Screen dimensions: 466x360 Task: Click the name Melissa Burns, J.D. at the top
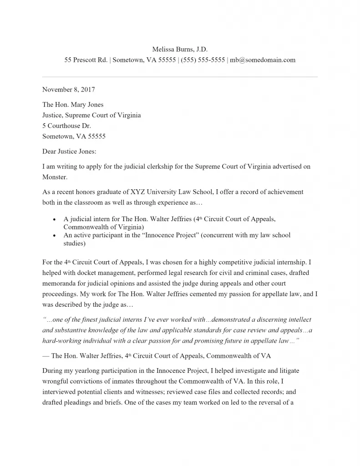[x=180, y=49]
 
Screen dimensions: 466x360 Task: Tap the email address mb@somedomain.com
[x=263, y=60]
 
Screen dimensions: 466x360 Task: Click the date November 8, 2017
[x=69, y=90]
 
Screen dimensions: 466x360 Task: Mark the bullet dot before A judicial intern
[x=55, y=220]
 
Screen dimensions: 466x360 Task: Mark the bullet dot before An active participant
[x=55, y=236]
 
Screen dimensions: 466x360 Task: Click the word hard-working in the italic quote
[x=61, y=340]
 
